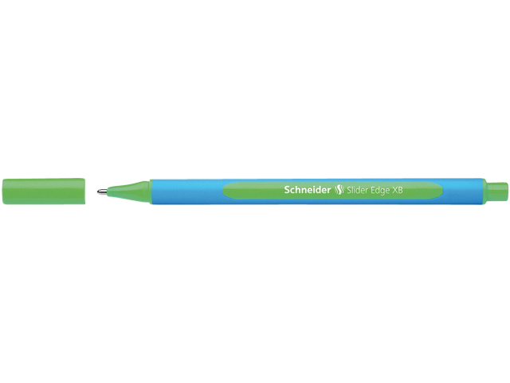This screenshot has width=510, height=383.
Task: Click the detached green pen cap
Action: click(44, 191)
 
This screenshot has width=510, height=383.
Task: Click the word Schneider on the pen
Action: click(308, 190)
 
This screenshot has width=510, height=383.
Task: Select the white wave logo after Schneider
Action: click(339, 190)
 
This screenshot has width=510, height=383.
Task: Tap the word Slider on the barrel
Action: click(358, 190)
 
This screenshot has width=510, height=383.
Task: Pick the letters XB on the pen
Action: click(398, 190)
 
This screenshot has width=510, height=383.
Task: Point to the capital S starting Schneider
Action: click(287, 190)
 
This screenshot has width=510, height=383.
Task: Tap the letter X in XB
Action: click(395, 190)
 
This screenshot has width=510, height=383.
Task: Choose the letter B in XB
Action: click(400, 190)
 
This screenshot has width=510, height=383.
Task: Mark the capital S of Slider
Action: click(349, 190)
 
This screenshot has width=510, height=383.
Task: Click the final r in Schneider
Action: click(329, 191)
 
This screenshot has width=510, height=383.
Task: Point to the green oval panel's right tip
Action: click(442, 191)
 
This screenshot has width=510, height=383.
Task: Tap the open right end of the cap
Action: click(85, 191)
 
